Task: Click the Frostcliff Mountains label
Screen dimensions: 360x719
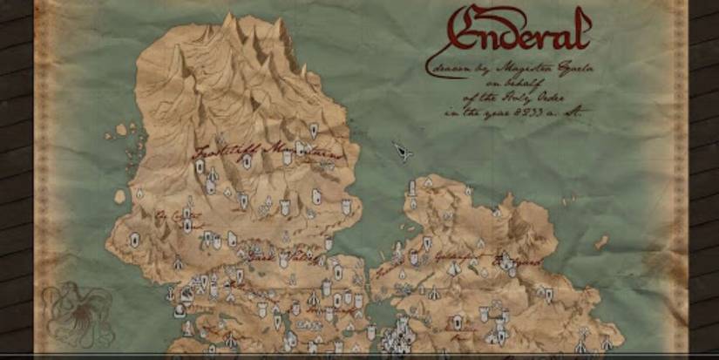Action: click(x=254, y=150)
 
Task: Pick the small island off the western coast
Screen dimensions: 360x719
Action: click(x=119, y=197)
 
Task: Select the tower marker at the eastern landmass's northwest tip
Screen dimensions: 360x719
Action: click(x=429, y=180)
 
